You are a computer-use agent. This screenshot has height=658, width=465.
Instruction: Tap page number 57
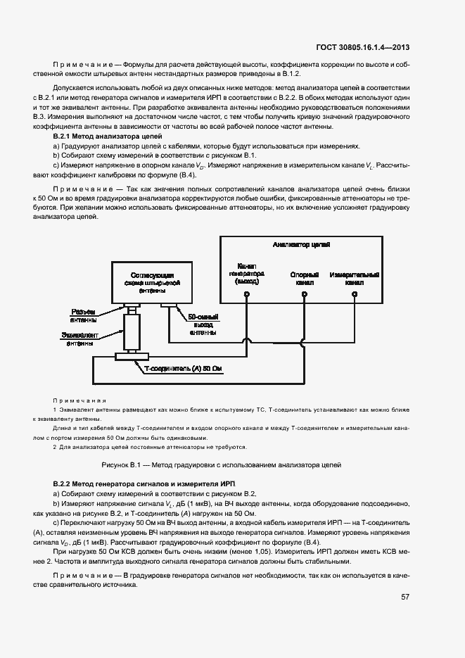pyautogui.click(x=405, y=597)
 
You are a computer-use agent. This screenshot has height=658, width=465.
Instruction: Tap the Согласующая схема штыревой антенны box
pyautogui.click(x=153, y=281)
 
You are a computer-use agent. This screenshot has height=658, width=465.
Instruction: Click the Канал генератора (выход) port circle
pyautogui.click(x=247, y=296)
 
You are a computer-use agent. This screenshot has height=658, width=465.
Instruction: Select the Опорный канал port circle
pyautogui.click(x=304, y=296)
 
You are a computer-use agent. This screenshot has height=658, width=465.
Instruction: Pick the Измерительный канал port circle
pyautogui.click(x=356, y=296)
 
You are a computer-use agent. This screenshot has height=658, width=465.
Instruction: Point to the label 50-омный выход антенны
pyautogui.click(x=203, y=325)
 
